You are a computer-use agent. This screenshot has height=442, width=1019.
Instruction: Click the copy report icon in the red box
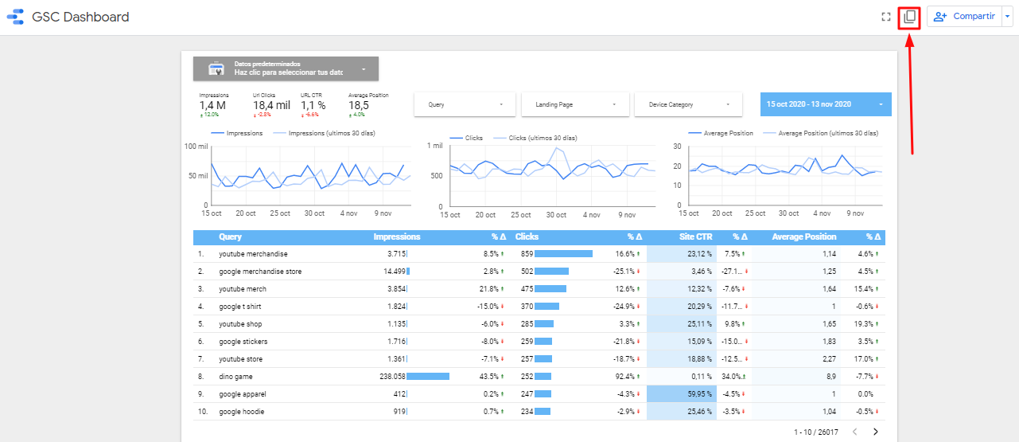(x=909, y=18)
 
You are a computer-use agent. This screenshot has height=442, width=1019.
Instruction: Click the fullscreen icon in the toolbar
(x=885, y=18)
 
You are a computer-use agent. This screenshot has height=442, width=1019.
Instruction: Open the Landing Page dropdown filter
(x=575, y=104)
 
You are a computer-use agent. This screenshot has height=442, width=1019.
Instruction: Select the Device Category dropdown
(x=688, y=104)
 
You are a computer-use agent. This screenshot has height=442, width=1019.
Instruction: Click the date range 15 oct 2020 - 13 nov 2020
(x=825, y=104)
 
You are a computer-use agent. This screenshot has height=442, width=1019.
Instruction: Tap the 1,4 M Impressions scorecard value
(x=212, y=105)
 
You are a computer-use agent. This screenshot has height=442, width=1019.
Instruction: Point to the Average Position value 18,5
(x=358, y=105)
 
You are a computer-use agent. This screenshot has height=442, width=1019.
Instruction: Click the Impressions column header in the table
(x=397, y=237)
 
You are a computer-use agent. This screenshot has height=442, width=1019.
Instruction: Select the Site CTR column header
(x=696, y=237)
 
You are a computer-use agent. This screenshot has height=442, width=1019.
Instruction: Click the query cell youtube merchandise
(x=253, y=254)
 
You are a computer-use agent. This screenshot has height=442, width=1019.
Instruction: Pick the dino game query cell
(x=236, y=377)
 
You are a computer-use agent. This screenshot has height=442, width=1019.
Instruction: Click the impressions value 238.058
(x=388, y=377)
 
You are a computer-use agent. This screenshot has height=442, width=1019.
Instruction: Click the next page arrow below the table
(x=876, y=432)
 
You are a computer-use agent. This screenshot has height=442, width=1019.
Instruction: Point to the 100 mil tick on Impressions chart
(x=196, y=147)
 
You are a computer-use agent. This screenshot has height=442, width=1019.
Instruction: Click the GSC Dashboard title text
(x=80, y=18)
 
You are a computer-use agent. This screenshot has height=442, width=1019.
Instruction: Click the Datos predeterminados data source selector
(x=286, y=68)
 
